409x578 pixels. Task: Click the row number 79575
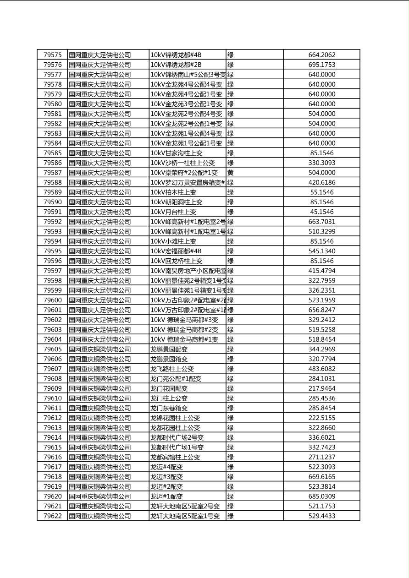tap(52, 55)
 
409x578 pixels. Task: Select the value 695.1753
tap(321, 65)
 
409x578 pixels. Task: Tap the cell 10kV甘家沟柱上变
tap(177, 153)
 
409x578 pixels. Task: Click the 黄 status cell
tap(230, 173)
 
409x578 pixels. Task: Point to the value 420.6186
tap(321, 182)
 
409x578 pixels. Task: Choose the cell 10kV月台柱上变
tap(173, 212)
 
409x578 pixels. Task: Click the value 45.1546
tap(321, 212)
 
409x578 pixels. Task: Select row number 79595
tap(52, 251)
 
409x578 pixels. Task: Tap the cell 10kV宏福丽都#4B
tap(176, 251)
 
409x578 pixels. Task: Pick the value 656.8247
tap(321, 310)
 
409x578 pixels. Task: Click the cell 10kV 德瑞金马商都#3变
tap(184, 320)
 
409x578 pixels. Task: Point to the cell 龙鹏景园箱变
tap(169, 359)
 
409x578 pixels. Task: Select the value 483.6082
tap(321, 369)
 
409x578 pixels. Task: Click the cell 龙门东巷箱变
tap(169, 408)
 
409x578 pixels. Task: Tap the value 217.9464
tap(321, 388)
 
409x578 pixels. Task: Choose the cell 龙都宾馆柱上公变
tap(175, 457)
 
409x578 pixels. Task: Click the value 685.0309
tap(321, 496)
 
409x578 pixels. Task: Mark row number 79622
tap(52, 516)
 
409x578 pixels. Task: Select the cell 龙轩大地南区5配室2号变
tap(185, 506)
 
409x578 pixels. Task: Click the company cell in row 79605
tap(100, 349)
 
